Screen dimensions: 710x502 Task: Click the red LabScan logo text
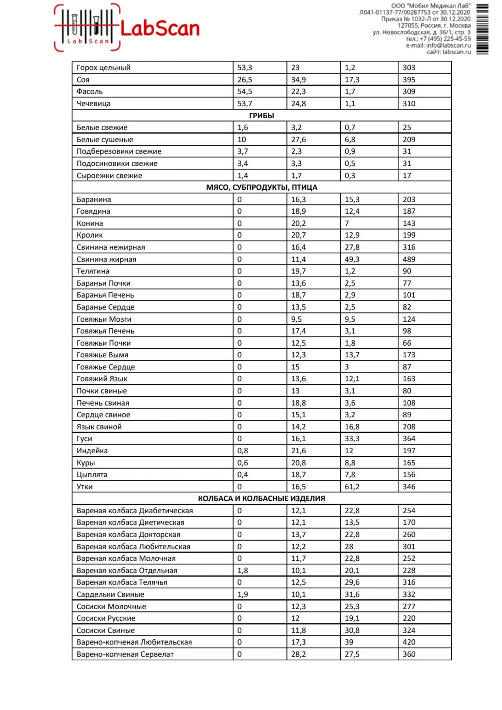[x=160, y=29]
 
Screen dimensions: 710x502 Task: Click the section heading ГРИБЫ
[x=261, y=116]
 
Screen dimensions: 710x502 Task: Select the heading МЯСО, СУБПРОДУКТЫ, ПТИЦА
[x=261, y=188]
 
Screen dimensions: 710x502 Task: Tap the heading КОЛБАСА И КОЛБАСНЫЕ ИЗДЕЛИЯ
[x=261, y=499]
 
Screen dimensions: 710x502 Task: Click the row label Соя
[x=83, y=80]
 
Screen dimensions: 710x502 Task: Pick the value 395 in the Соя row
[x=409, y=80]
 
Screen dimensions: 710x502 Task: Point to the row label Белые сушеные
[x=105, y=140]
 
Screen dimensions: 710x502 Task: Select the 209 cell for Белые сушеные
[x=409, y=140]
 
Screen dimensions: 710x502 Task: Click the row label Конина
[x=90, y=223]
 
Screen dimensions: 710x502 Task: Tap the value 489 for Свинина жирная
[x=409, y=259]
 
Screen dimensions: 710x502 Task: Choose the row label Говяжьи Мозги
[x=104, y=319]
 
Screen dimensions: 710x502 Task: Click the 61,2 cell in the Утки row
[x=352, y=486]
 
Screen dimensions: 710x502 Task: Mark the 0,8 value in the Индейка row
[x=242, y=451]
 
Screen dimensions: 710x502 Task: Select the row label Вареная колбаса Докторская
[x=128, y=534]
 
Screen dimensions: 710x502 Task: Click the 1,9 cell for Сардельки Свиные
[x=242, y=594]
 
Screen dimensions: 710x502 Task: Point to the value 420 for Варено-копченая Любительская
[x=409, y=642]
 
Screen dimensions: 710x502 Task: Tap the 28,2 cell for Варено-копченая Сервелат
[x=298, y=654]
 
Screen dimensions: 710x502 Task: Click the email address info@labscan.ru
[x=448, y=46]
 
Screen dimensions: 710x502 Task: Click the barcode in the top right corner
[x=482, y=29]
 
